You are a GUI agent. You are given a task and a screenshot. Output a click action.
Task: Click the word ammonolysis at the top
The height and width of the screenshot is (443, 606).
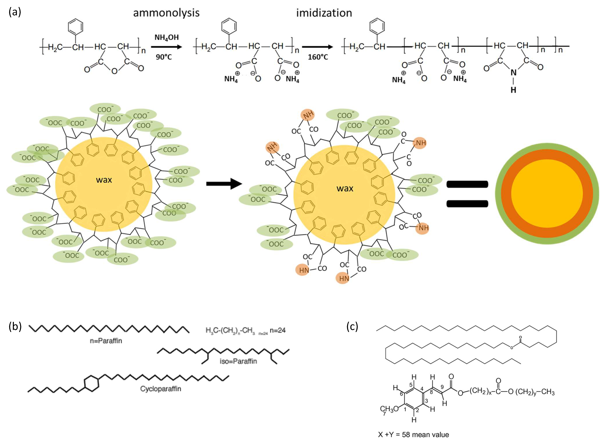tap(166, 13)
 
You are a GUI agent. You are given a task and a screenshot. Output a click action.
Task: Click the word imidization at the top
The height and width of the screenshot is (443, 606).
tap(324, 13)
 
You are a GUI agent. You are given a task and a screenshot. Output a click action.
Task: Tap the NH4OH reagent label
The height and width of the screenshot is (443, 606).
tap(166, 37)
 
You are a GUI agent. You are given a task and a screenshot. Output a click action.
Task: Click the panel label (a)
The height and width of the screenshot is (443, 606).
tap(15, 12)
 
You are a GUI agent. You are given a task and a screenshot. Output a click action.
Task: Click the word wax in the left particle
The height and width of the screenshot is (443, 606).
tap(104, 180)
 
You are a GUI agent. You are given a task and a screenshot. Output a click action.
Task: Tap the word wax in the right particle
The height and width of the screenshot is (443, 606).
tap(345, 188)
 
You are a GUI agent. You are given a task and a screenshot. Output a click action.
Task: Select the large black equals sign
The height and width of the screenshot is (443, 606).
tap(467, 194)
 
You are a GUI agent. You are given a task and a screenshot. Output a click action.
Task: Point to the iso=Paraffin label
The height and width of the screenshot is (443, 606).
tap(238, 361)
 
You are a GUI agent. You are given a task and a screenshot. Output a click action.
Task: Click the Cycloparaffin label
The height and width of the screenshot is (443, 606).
tap(160, 389)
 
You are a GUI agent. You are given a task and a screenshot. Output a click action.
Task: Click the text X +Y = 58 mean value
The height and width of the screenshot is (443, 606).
tap(413, 435)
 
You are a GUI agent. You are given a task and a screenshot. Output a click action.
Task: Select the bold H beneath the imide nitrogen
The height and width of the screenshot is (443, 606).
tap(513, 90)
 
